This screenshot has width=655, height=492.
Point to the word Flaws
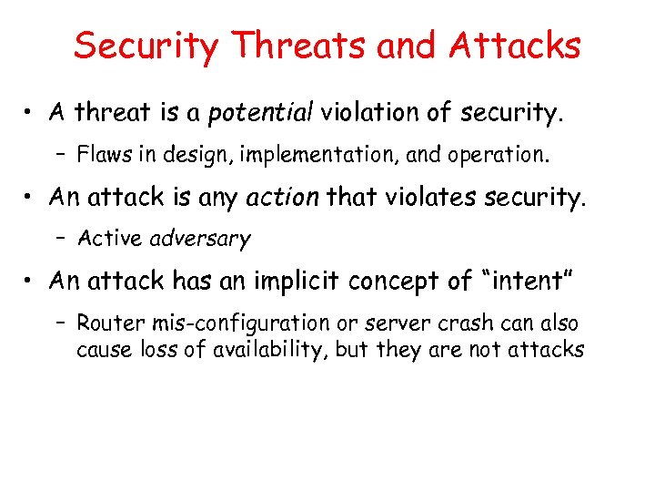[x=101, y=155]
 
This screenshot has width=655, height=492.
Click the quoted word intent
[x=529, y=281]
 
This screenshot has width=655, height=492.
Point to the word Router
[x=107, y=323]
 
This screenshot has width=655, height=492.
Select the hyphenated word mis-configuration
[x=236, y=323]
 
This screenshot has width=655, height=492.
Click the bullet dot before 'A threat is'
[x=31, y=113]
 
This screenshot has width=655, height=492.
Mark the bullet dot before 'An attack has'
[x=31, y=281]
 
